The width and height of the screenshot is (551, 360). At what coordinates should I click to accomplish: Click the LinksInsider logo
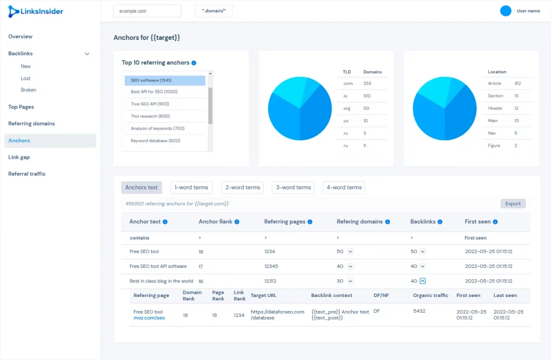pyautogui.click(x=36, y=11)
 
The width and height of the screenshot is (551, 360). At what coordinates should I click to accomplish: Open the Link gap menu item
pyautogui.click(x=19, y=157)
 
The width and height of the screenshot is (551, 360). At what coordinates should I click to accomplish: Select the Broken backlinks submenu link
pyautogui.click(x=29, y=90)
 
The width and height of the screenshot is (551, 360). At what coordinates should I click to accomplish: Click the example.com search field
pyautogui.click(x=147, y=11)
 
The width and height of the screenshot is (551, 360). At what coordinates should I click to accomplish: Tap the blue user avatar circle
pyautogui.click(x=506, y=11)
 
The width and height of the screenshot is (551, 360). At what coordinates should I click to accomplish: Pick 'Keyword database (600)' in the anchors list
pyautogui.click(x=156, y=140)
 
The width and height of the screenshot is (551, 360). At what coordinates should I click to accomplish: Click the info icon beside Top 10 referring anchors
pyautogui.click(x=194, y=63)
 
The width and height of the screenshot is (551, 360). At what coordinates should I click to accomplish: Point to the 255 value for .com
pyautogui.click(x=367, y=83)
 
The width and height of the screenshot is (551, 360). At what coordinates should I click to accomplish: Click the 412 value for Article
pyautogui.click(x=518, y=83)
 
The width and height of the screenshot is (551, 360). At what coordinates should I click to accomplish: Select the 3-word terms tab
pyautogui.click(x=293, y=187)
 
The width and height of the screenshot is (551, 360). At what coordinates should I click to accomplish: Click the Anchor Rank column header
pyautogui.click(x=215, y=222)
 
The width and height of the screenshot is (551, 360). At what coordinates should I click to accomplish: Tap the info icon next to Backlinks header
pyautogui.click(x=440, y=222)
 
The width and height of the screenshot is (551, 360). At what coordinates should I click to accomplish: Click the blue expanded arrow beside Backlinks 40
pyautogui.click(x=423, y=281)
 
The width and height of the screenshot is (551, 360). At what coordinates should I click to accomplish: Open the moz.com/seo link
pyautogui.click(x=149, y=318)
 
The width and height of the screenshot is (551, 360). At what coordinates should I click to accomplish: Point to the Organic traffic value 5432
pyautogui.click(x=419, y=311)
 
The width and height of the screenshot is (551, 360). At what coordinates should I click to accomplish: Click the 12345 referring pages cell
pyautogui.click(x=271, y=266)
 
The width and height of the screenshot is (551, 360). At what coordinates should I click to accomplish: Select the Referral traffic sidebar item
pyautogui.click(x=27, y=174)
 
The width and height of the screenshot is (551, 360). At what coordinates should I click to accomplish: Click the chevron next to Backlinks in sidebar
pyautogui.click(x=87, y=54)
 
